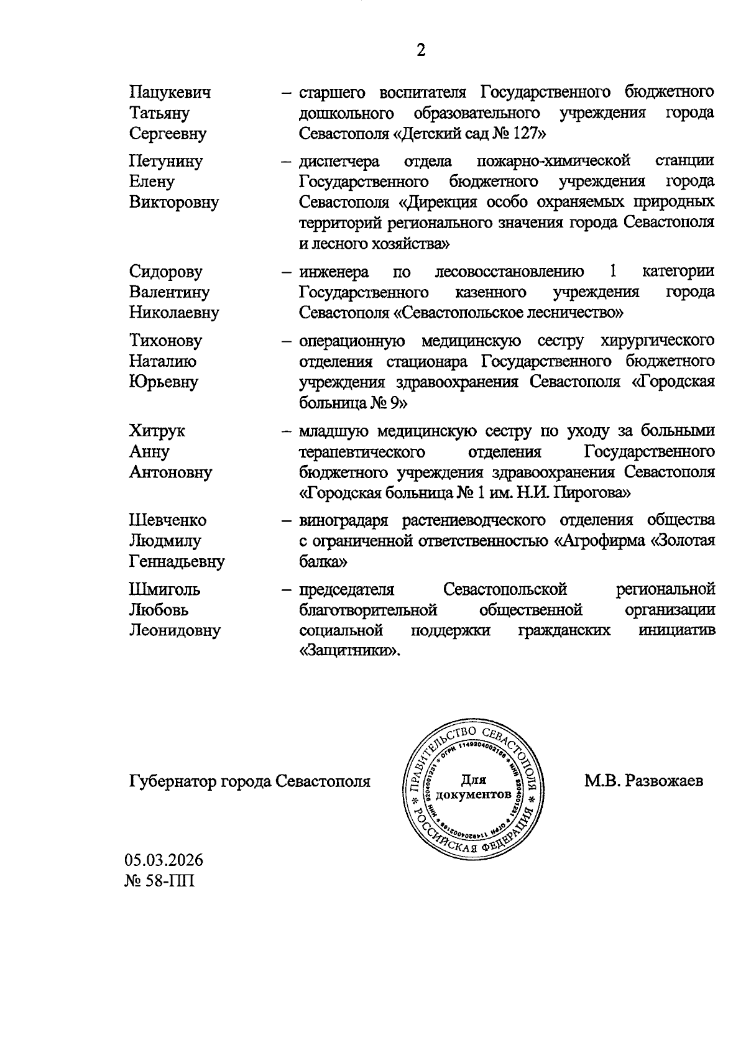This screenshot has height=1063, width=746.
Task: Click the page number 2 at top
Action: point(421,51)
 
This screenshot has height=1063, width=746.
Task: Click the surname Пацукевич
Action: point(170,93)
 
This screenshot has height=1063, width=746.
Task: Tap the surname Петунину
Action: point(166,161)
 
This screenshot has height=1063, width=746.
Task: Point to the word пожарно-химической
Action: point(553,161)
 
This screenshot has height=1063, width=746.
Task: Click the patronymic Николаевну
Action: point(174,313)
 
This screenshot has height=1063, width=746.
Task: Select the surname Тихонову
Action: point(166,341)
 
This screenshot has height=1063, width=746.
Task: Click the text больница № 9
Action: point(352,403)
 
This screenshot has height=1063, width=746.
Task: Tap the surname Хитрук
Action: point(157,431)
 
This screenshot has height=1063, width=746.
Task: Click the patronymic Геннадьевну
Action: point(177,562)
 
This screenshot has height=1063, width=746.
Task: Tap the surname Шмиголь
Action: point(165,589)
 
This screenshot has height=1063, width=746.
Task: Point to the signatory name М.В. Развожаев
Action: point(643,781)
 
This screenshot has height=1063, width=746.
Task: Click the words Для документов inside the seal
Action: point(474,787)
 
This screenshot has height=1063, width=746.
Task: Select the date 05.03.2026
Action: point(164,860)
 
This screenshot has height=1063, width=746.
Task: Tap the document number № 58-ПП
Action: point(160,881)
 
